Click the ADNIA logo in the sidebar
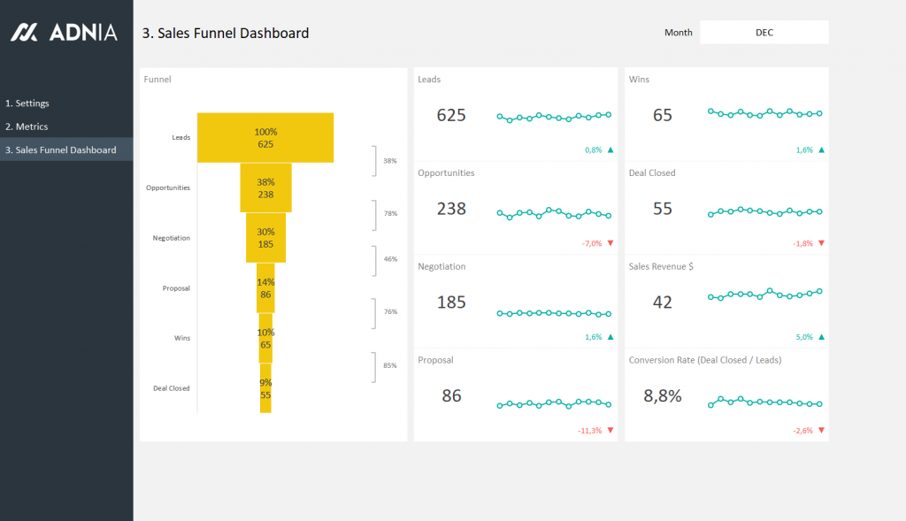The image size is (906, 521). pos(63,33)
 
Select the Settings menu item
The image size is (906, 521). pos(27,103)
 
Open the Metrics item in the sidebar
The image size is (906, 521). pos(27,126)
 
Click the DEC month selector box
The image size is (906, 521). pos(764,33)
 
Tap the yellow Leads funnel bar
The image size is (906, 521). pos(265,138)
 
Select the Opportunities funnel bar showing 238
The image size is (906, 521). pos(265,188)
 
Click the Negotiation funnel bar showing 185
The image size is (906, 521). pos(265,238)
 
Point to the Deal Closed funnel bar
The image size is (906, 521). pos(265,389)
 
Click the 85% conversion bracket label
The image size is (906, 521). pos(389,364)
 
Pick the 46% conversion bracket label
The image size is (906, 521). pos(389,259)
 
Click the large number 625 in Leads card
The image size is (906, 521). pos(451,116)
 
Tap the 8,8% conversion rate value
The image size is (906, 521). pos(663,396)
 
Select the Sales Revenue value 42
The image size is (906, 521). pos(663,303)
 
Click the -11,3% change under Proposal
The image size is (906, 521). pos(589,431)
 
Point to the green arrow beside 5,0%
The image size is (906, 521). pos(821,337)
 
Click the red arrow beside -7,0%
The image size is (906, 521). pos(610,243)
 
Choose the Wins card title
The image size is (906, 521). pos(639,80)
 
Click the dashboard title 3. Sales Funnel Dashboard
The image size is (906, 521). pos(226,34)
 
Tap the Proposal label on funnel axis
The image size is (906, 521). pos(176,288)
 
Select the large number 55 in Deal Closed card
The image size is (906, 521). pos(663,209)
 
